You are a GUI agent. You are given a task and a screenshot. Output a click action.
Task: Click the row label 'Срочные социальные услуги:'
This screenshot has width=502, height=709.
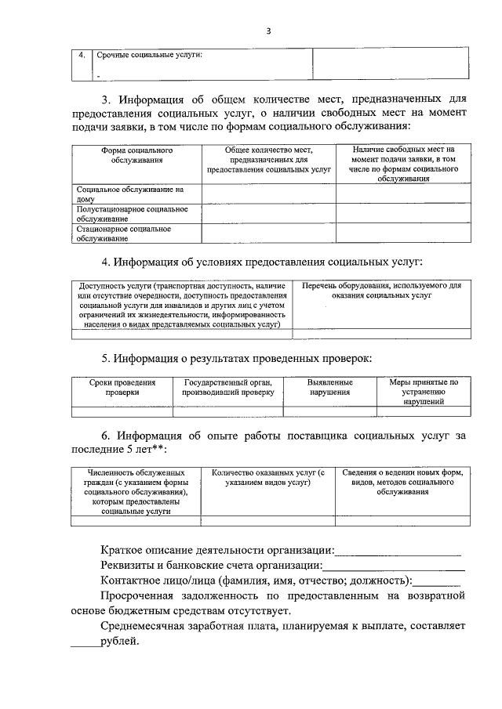pyautogui.click(x=149, y=55)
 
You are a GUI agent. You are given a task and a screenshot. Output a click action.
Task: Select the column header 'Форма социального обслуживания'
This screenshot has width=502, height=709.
pyautogui.click(x=136, y=154)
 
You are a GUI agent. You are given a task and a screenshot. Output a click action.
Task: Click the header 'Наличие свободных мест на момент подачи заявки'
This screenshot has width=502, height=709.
pyautogui.click(x=403, y=163)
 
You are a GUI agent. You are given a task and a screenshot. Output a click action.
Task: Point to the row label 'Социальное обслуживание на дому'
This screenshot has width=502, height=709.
pyautogui.click(x=129, y=194)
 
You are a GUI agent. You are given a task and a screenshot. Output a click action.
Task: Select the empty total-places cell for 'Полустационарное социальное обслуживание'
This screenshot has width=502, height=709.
pyautogui.click(x=269, y=214)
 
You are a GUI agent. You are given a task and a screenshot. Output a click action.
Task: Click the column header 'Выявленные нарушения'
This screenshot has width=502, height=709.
pyautogui.click(x=329, y=387)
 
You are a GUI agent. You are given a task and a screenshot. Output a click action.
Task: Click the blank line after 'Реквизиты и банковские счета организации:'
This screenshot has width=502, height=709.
pyautogui.click(x=394, y=566)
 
